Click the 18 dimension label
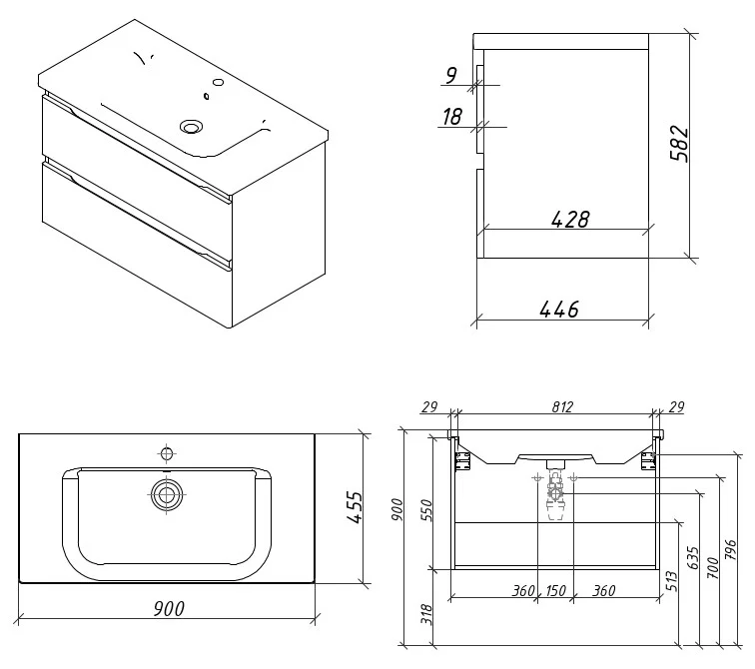coord(450,116)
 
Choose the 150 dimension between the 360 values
coord(555,590)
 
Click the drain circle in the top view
coord(166,491)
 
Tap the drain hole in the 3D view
coord(192,126)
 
